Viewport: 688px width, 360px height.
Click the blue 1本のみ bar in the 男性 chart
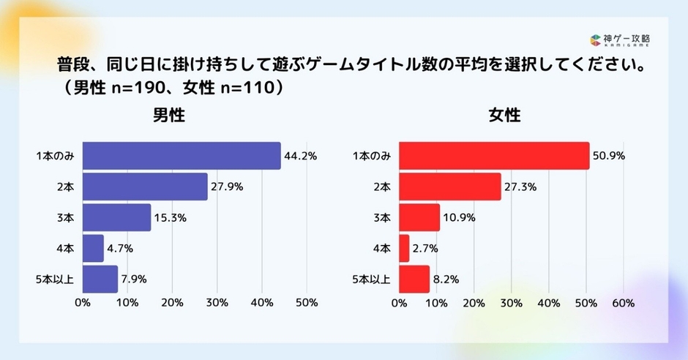[181, 156]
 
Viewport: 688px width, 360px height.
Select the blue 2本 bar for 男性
[145, 187]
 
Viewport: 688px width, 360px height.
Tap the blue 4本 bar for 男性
[93, 248]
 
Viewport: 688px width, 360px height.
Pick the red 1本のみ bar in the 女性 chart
[494, 156]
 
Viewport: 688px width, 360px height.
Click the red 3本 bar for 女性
[419, 217]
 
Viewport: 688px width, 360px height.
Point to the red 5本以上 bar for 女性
[414, 279]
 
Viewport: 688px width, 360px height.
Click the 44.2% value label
[302, 156]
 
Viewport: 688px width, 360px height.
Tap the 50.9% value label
[610, 156]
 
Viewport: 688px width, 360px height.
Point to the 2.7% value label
[425, 248]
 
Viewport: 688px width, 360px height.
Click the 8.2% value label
[446, 279]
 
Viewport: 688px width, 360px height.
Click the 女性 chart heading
[504, 116]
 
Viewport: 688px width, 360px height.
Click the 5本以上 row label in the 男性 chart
[56, 279]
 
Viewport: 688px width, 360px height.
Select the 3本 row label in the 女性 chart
[382, 217]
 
